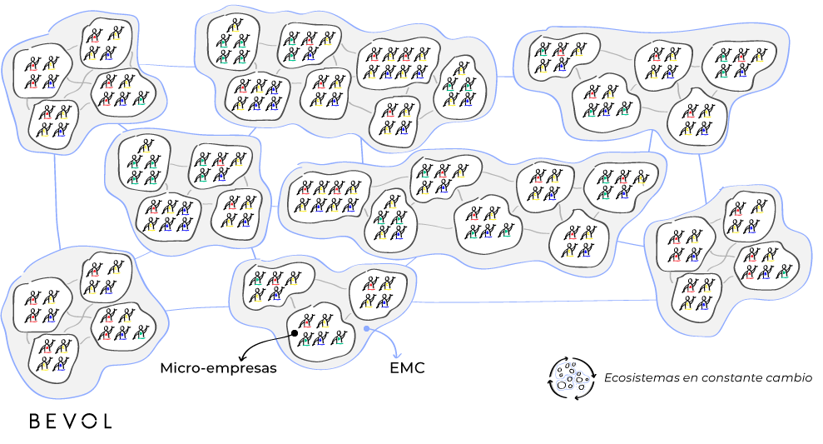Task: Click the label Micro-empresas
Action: point(217,367)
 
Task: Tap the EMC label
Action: point(407,367)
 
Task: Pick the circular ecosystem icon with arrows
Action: point(571,377)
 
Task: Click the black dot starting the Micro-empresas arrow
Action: point(295,334)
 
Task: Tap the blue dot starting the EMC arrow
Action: point(366,328)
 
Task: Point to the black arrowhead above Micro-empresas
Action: point(241,354)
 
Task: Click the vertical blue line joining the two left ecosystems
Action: point(56,200)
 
